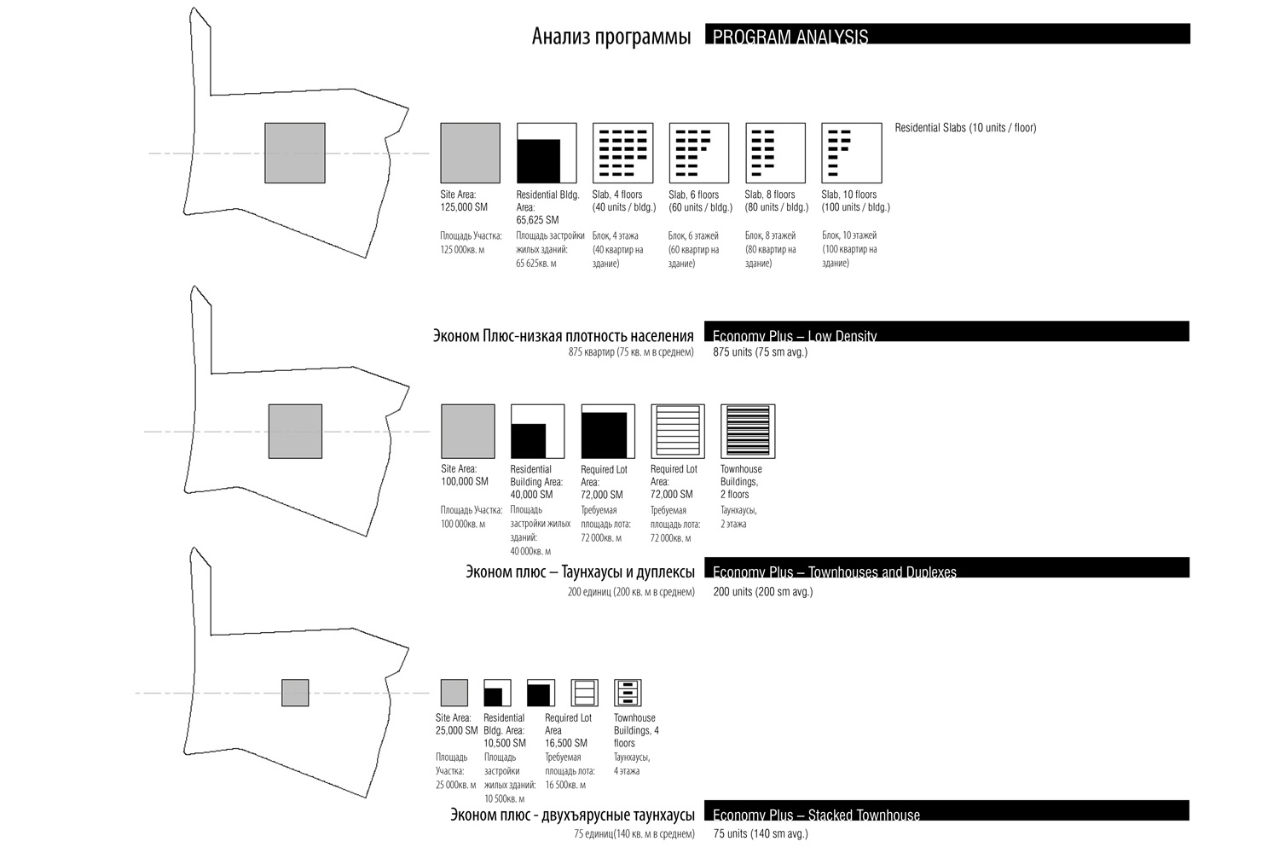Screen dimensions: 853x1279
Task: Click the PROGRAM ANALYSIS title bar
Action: click(946, 34)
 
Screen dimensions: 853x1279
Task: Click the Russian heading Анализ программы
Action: click(611, 37)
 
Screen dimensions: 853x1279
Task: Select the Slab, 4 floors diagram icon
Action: click(622, 153)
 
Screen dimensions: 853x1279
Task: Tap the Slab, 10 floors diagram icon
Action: click(851, 153)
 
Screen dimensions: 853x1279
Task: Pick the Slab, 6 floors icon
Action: click(699, 153)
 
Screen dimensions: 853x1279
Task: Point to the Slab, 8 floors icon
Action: click(775, 153)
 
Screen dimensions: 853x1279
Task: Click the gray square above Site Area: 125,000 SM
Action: click(470, 153)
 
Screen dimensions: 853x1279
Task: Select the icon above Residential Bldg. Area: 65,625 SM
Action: click(547, 153)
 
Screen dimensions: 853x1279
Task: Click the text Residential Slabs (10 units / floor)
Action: click(965, 128)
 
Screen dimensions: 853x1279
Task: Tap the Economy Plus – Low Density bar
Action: click(946, 332)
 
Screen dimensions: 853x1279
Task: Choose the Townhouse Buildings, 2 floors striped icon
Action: click(747, 432)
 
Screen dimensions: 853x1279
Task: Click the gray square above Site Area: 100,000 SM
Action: click(467, 432)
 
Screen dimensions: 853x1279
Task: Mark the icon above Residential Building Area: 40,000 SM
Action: click(537, 432)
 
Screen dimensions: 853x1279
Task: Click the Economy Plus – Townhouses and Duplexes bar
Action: click(946, 568)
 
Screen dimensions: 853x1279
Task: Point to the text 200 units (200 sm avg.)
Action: click(762, 592)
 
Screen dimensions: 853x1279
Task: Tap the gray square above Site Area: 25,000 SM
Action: click(454, 693)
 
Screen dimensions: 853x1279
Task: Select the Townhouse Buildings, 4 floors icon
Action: click(627, 693)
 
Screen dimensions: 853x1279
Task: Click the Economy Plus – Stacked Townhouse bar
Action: click(946, 811)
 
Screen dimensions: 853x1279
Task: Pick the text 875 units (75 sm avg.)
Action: click(760, 352)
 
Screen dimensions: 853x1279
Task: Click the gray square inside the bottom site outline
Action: click(295, 693)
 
